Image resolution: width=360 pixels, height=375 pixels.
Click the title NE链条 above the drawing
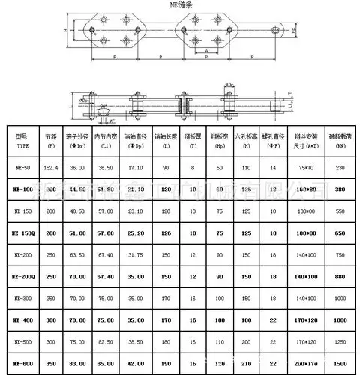[x=181, y=4]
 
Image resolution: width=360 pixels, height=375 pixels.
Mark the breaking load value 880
[x=340, y=277]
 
